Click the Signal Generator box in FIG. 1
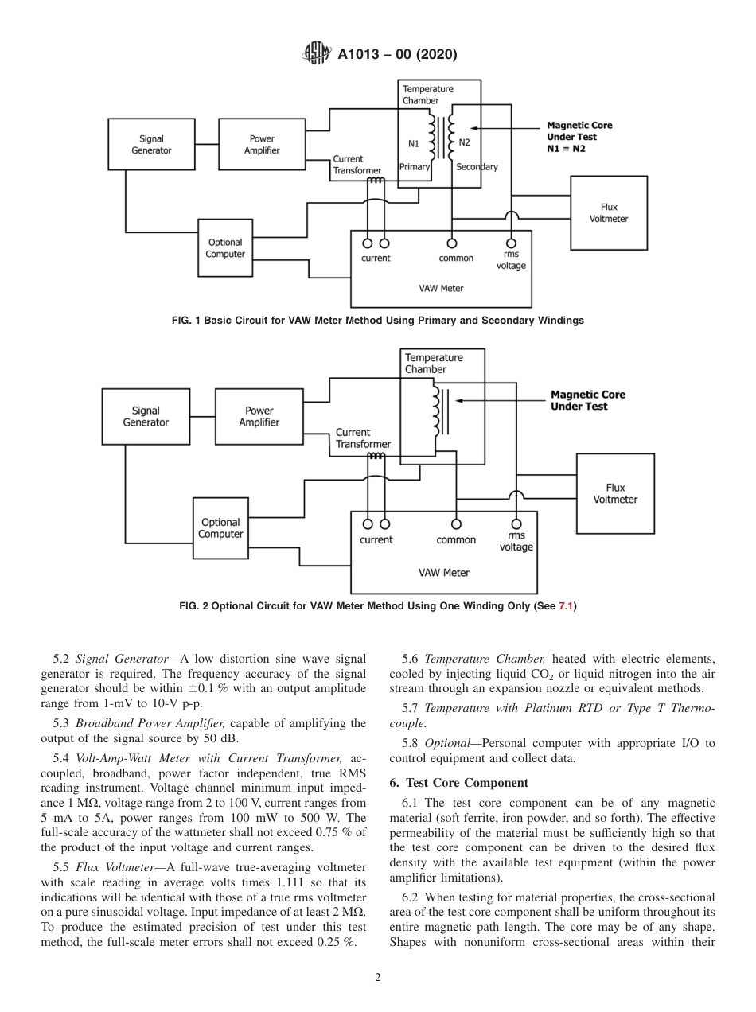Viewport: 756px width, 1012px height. pyautogui.click(x=150, y=144)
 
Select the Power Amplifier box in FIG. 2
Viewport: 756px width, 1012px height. pyautogui.click(x=259, y=417)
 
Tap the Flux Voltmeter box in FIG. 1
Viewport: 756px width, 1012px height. pyautogui.click(x=608, y=213)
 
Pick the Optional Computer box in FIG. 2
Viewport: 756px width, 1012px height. pyautogui.click(x=220, y=528)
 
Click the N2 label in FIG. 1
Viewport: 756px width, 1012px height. pyautogui.click(x=465, y=143)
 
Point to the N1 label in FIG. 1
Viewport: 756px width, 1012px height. pyautogui.click(x=414, y=143)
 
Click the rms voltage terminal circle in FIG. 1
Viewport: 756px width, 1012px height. pyautogui.click(x=511, y=243)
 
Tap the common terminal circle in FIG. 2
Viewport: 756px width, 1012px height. pyautogui.click(x=456, y=524)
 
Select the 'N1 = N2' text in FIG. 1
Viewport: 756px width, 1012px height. pyautogui.click(x=565, y=149)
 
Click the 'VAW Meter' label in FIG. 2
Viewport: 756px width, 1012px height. pyautogui.click(x=444, y=573)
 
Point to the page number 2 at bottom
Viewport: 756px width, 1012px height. pyautogui.click(x=378, y=978)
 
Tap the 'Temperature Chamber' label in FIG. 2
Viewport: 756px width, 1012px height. pyautogui.click(x=434, y=364)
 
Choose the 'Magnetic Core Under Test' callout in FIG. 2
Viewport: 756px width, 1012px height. pyautogui.click(x=588, y=400)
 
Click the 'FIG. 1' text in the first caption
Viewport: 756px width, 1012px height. pyautogui.click(x=186, y=321)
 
